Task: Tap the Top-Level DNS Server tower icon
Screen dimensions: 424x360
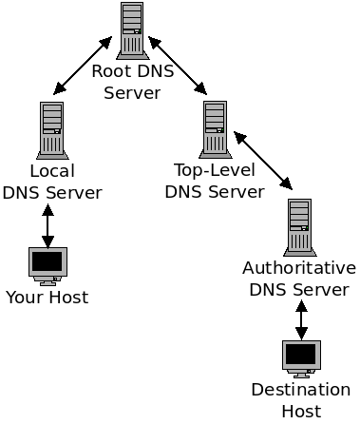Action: point(215,128)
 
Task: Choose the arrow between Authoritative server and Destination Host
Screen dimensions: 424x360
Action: point(301,319)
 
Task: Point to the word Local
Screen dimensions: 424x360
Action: point(52,172)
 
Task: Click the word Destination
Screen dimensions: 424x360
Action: point(301,390)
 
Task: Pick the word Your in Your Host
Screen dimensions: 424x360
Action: point(24,298)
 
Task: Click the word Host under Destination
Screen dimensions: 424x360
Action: point(301,411)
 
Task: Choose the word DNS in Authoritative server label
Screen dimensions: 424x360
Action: point(269,289)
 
